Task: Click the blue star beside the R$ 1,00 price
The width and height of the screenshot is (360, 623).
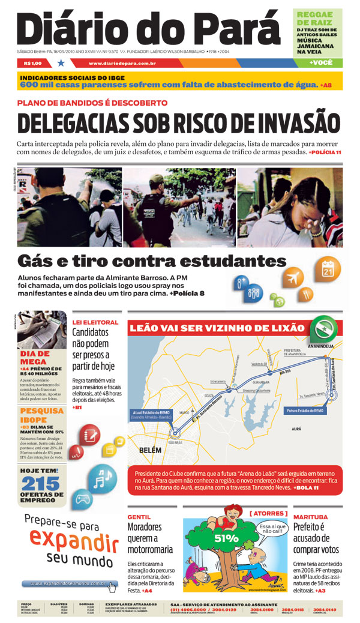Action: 61,62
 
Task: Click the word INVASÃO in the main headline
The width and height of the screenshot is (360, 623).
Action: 285,124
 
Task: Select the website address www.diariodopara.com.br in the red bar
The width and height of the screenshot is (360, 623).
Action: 122,63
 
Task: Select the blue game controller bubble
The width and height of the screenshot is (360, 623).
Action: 82,499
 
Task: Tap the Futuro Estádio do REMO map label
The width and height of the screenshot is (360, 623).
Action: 305,411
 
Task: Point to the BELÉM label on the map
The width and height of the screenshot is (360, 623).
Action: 152,449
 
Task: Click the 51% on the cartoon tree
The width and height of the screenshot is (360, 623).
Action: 227,538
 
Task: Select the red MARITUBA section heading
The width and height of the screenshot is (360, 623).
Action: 310,516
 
